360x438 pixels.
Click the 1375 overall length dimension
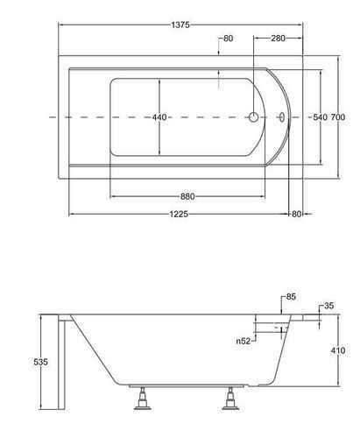[x=180, y=25]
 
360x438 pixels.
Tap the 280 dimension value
[x=278, y=39]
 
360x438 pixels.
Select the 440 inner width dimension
[x=159, y=117]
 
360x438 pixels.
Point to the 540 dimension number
[x=320, y=117]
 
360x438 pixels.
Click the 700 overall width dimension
[x=338, y=117]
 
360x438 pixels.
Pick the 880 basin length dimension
[x=187, y=196]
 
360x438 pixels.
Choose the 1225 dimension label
[x=179, y=214]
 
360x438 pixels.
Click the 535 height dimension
[x=40, y=362]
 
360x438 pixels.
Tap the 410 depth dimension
[x=338, y=350]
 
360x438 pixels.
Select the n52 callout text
[x=244, y=341]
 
